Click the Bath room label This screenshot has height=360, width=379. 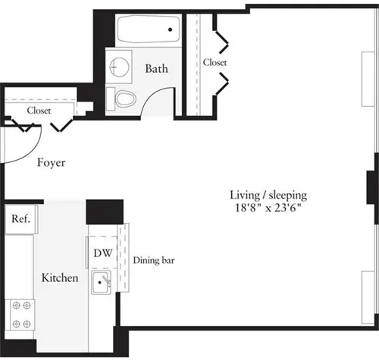[156, 69]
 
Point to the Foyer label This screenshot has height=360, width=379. [51, 163]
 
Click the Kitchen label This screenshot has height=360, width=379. [59, 278]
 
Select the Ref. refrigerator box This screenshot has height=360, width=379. [20, 221]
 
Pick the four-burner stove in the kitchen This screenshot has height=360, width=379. [20, 314]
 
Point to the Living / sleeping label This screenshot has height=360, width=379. [268, 194]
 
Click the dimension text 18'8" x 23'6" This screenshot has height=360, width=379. [268, 208]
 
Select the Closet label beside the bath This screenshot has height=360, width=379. [215, 62]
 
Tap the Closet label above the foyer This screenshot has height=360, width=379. [39, 111]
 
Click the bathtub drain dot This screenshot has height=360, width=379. [171, 30]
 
